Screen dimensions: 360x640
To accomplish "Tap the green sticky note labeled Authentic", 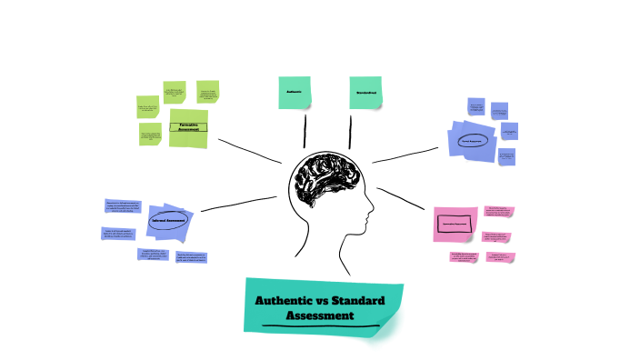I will coord(295,93).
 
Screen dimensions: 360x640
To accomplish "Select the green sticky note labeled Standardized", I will coord(365,93).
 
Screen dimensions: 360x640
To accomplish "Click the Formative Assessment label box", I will coord(188,128).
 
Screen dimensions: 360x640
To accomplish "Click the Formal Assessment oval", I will coord(471,142).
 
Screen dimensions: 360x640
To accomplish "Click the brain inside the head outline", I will coord(324,178).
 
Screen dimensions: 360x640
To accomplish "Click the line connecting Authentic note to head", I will coord(305,130).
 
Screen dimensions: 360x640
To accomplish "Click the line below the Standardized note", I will coord(351,130).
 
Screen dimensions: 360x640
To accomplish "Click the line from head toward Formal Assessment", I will coord(405,155).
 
